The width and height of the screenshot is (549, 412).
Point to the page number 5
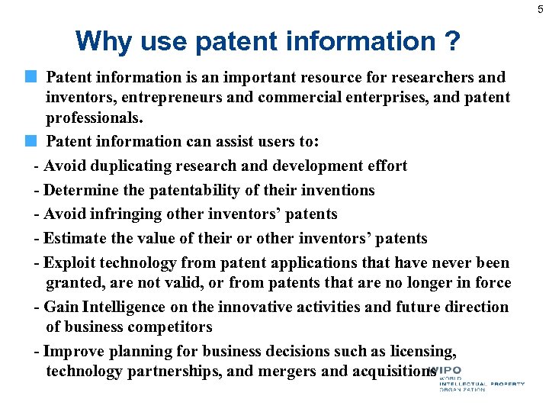point(539,8)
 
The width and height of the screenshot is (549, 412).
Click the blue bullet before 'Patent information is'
point(30,77)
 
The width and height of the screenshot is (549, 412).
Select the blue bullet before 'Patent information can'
point(30,141)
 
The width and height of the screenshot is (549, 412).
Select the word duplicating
point(130,166)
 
